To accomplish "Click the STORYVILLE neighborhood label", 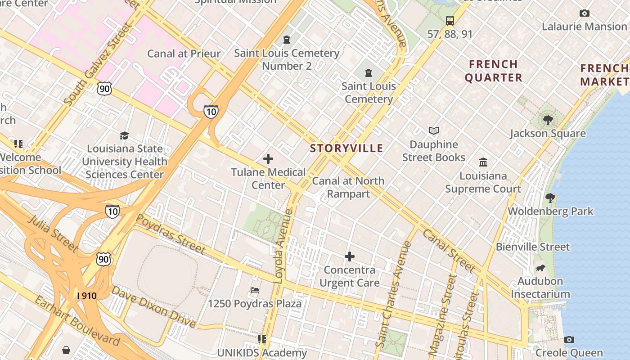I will pos(346,148).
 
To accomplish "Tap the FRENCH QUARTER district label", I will pos(493,71).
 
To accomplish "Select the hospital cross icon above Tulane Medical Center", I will pos(268,158).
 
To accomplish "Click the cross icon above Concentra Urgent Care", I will pos(350,256).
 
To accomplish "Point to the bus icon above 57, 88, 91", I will pos(450,20).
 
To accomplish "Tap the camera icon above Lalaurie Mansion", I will pos(585,13).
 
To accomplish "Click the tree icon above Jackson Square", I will pos(548,120).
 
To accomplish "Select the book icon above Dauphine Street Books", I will pos(433,131).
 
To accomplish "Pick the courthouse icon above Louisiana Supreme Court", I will pos(483,162).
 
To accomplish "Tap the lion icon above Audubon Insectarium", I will pos(540,268).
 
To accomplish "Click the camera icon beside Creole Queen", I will pos(569,340).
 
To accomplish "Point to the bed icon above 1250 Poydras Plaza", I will pos(255,290).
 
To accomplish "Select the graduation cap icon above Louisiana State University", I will pos(124,135).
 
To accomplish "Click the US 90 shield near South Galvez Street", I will pos(104,89).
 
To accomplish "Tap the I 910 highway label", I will pos(86,296).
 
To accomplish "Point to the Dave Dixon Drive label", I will pos(153,307).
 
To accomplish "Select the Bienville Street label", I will pos(533,247).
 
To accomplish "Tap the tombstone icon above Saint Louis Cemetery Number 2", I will pos(287,40).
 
